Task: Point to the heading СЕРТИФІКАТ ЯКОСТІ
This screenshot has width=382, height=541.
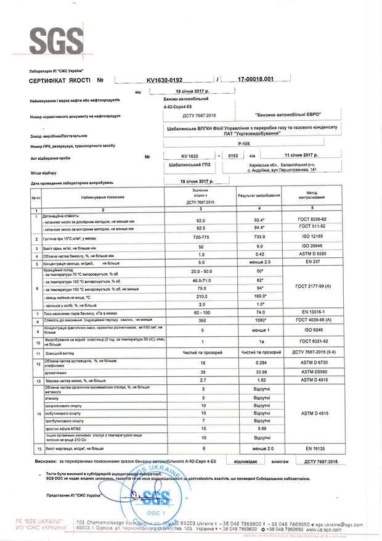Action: tap(51, 81)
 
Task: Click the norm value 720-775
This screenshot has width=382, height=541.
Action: tap(198, 237)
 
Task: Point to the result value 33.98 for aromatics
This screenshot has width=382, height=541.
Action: tap(254, 372)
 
